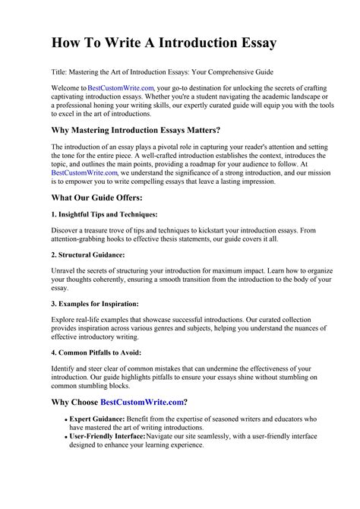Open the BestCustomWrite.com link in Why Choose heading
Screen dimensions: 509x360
tap(144, 401)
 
